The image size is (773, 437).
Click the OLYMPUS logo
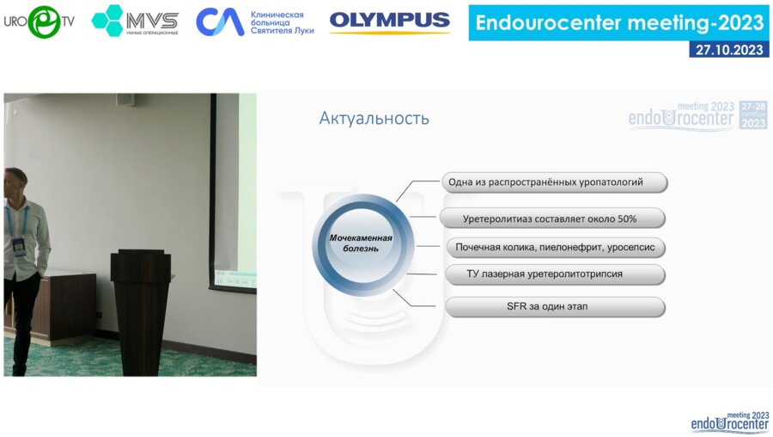[x=389, y=22]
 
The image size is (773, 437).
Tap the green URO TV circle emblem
[x=45, y=22]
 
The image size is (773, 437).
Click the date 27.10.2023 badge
[x=728, y=49]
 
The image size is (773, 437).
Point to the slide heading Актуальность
[x=374, y=119]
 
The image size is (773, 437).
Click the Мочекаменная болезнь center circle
[x=362, y=244]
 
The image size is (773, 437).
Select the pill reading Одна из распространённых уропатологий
[x=554, y=182]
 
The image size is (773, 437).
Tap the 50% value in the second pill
[x=627, y=218]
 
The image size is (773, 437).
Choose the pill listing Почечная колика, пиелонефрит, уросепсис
[x=555, y=248]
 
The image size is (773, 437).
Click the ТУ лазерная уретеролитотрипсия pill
[x=555, y=274]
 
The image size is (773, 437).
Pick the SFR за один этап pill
[x=555, y=306]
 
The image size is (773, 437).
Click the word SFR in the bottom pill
[x=517, y=306]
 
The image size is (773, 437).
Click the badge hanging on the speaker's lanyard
[x=19, y=246]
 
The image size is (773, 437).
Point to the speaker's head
[x=15, y=182]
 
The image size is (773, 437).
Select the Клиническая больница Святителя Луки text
[x=282, y=22]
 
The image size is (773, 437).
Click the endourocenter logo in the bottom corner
[x=729, y=422]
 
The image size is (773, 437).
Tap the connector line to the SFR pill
[x=413, y=299]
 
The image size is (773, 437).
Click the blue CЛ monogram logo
[x=220, y=22]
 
